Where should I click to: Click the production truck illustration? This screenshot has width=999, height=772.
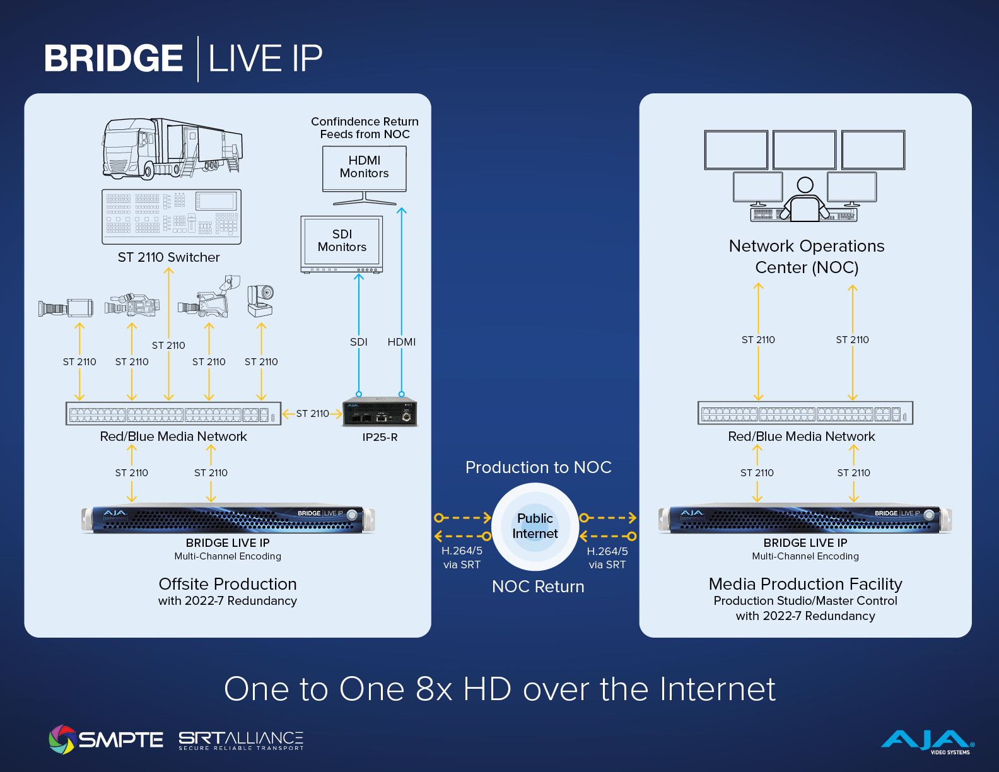tap(172, 148)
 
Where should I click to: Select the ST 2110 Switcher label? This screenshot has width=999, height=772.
tap(168, 257)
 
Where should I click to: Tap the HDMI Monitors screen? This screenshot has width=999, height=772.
tap(365, 168)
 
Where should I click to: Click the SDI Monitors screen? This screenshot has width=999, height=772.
tap(342, 242)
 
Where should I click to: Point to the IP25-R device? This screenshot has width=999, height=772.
tap(380, 412)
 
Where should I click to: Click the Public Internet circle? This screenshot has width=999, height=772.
tap(535, 526)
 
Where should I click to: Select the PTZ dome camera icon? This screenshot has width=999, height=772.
tap(260, 301)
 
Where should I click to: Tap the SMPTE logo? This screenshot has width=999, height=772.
tap(106, 739)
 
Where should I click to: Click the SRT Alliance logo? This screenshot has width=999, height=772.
tap(241, 740)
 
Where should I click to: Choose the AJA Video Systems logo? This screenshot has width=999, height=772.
tap(927, 741)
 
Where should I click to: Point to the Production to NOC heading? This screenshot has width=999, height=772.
tap(538, 467)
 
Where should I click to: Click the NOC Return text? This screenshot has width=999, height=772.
tap(538, 587)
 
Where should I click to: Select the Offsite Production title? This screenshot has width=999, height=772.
tap(228, 584)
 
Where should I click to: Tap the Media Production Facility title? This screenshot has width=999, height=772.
tap(805, 584)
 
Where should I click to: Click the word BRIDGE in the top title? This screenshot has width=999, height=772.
tap(114, 59)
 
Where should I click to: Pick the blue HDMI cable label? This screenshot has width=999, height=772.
tap(402, 342)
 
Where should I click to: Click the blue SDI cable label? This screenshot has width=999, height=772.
tap(358, 342)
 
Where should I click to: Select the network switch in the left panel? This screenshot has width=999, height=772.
tap(173, 414)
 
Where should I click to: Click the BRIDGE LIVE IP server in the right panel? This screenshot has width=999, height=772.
tap(805, 520)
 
